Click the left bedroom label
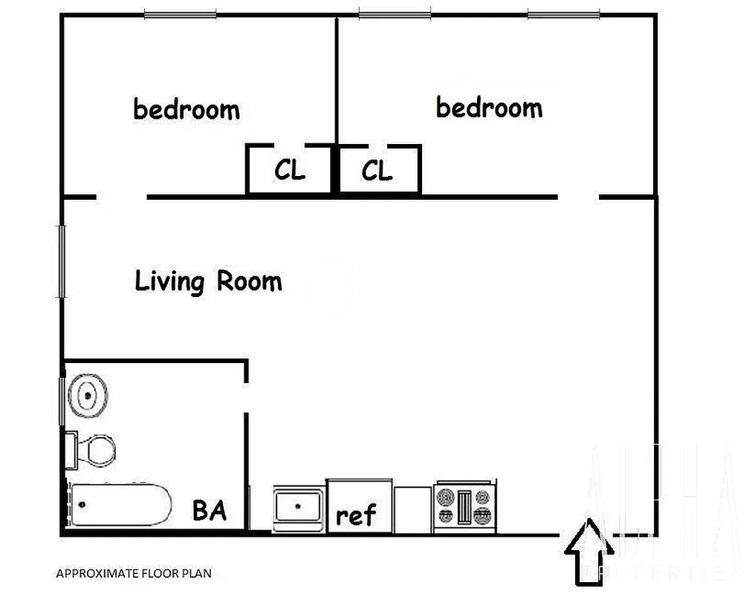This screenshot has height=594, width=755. coord(187,110)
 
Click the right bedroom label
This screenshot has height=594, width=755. coord(489,108)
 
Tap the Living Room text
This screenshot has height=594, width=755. coord(208,281)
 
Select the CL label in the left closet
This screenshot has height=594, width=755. coord(289,171)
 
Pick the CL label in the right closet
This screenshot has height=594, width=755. coord(377,172)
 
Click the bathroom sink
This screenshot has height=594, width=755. coord(88,395)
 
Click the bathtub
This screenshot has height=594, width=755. coord(122,505)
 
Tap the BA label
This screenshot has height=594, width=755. coord(209,511)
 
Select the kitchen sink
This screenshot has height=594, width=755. coord(298,508)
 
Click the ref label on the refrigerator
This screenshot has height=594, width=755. coord(356,515)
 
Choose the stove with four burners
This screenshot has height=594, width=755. coord(464,506)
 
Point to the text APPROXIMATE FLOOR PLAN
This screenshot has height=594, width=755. coord(134,573)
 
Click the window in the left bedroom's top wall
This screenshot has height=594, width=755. coord(180,14)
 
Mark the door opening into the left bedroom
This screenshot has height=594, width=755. coord(121,198)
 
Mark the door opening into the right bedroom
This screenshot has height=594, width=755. coord(578,198)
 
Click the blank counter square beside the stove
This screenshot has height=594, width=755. coord(412,509)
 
